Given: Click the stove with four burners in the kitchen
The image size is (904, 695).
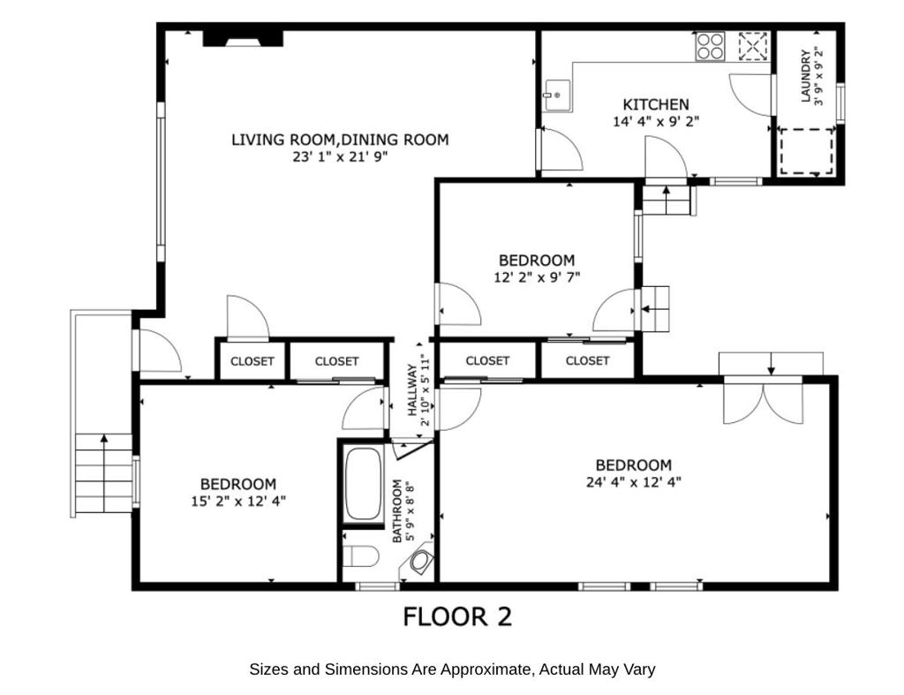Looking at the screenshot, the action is coord(710,46).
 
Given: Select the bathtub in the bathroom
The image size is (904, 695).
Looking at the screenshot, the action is coord(363,484).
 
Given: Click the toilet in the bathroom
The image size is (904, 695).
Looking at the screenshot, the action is coord(361,556).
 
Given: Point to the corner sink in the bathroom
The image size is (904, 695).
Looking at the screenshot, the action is coord(422,561).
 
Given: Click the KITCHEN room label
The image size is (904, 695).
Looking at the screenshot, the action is coord(656,104).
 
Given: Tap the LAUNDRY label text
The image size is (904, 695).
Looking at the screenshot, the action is coord(805,76).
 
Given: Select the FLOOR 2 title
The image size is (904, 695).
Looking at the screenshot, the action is coord(457,616).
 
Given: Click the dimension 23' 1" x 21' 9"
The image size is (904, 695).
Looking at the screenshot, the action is coord(340,156).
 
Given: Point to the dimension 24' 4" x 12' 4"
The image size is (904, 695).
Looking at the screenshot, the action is coord(634,481).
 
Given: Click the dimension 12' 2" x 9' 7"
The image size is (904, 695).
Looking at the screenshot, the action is coord(537,276).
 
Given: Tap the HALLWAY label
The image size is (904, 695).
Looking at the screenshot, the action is coord(412,390).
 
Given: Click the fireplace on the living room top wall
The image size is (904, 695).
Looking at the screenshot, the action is coord(243,38).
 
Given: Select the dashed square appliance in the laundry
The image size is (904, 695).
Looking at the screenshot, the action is coord(807,152).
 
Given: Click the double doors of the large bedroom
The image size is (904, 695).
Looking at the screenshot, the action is coord(763,401).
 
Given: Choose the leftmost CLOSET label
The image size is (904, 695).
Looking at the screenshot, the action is coord(252,361).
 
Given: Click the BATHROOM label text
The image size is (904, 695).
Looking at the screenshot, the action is coord(396,511).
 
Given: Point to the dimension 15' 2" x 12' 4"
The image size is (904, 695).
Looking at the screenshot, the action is coord(238,501).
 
